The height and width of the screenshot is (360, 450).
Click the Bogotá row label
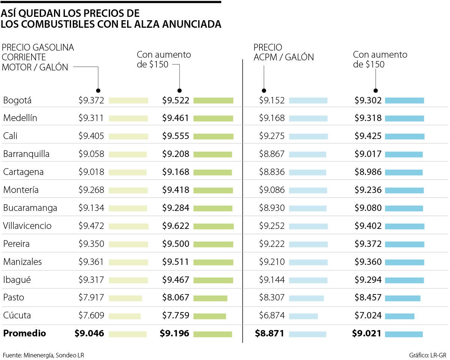point(17,100)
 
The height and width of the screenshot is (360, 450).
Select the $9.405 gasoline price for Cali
point(91,136)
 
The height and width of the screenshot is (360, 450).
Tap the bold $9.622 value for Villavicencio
point(175,226)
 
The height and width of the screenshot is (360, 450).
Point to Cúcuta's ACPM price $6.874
point(272,315)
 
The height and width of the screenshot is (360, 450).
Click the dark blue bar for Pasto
point(402,298)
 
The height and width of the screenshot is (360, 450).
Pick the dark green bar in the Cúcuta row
point(210,316)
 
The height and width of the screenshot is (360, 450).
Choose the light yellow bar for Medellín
point(128,118)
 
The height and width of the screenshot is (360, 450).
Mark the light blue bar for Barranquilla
point(307,154)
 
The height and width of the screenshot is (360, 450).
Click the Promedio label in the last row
point(24,333)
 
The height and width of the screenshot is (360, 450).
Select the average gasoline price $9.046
point(89,333)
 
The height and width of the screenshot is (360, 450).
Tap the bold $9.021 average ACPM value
point(366,333)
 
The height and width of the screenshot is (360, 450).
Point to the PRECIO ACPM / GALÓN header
point(283,52)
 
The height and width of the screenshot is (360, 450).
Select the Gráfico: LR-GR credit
point(428,355)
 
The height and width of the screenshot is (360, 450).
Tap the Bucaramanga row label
point(30,208)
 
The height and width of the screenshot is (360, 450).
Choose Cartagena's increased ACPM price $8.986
point(368,172)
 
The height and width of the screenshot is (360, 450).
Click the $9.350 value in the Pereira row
point(91,244)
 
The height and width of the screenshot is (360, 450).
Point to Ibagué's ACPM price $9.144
point(272,280)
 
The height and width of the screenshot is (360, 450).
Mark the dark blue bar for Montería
point(404,190)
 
